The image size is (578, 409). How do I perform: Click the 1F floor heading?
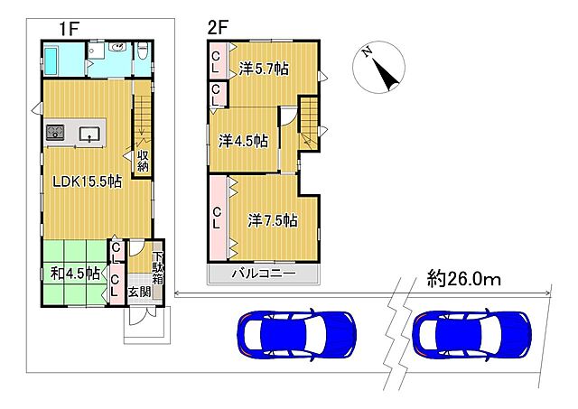coord(70,29)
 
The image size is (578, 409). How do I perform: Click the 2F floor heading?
coord(218,28)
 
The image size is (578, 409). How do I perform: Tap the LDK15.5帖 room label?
coord(87,181)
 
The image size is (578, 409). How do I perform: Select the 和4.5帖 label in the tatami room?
coord(75,274)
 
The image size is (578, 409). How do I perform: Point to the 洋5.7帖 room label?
coord(264,69)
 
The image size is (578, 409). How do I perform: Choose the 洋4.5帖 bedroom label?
coord(243,141)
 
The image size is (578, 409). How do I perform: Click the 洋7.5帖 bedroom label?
coord(273,220)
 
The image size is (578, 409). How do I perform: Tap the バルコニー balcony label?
coord(264,274)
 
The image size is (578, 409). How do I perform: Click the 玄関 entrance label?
coord(139,293)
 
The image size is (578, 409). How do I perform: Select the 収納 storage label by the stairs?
coord(143,161)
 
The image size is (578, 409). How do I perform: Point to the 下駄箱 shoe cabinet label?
coord(158,268)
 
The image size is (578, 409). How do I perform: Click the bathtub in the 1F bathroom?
coord(53,60)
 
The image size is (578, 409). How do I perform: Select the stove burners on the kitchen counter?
coord(55,133)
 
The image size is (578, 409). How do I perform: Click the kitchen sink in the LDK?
coord(89,134)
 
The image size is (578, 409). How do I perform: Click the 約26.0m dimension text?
coord(463,279)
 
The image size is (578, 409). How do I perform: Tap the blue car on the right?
coord(472,334)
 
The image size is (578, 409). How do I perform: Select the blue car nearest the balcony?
coord(297,334)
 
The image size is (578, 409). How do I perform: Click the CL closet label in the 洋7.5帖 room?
coord(217,218)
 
